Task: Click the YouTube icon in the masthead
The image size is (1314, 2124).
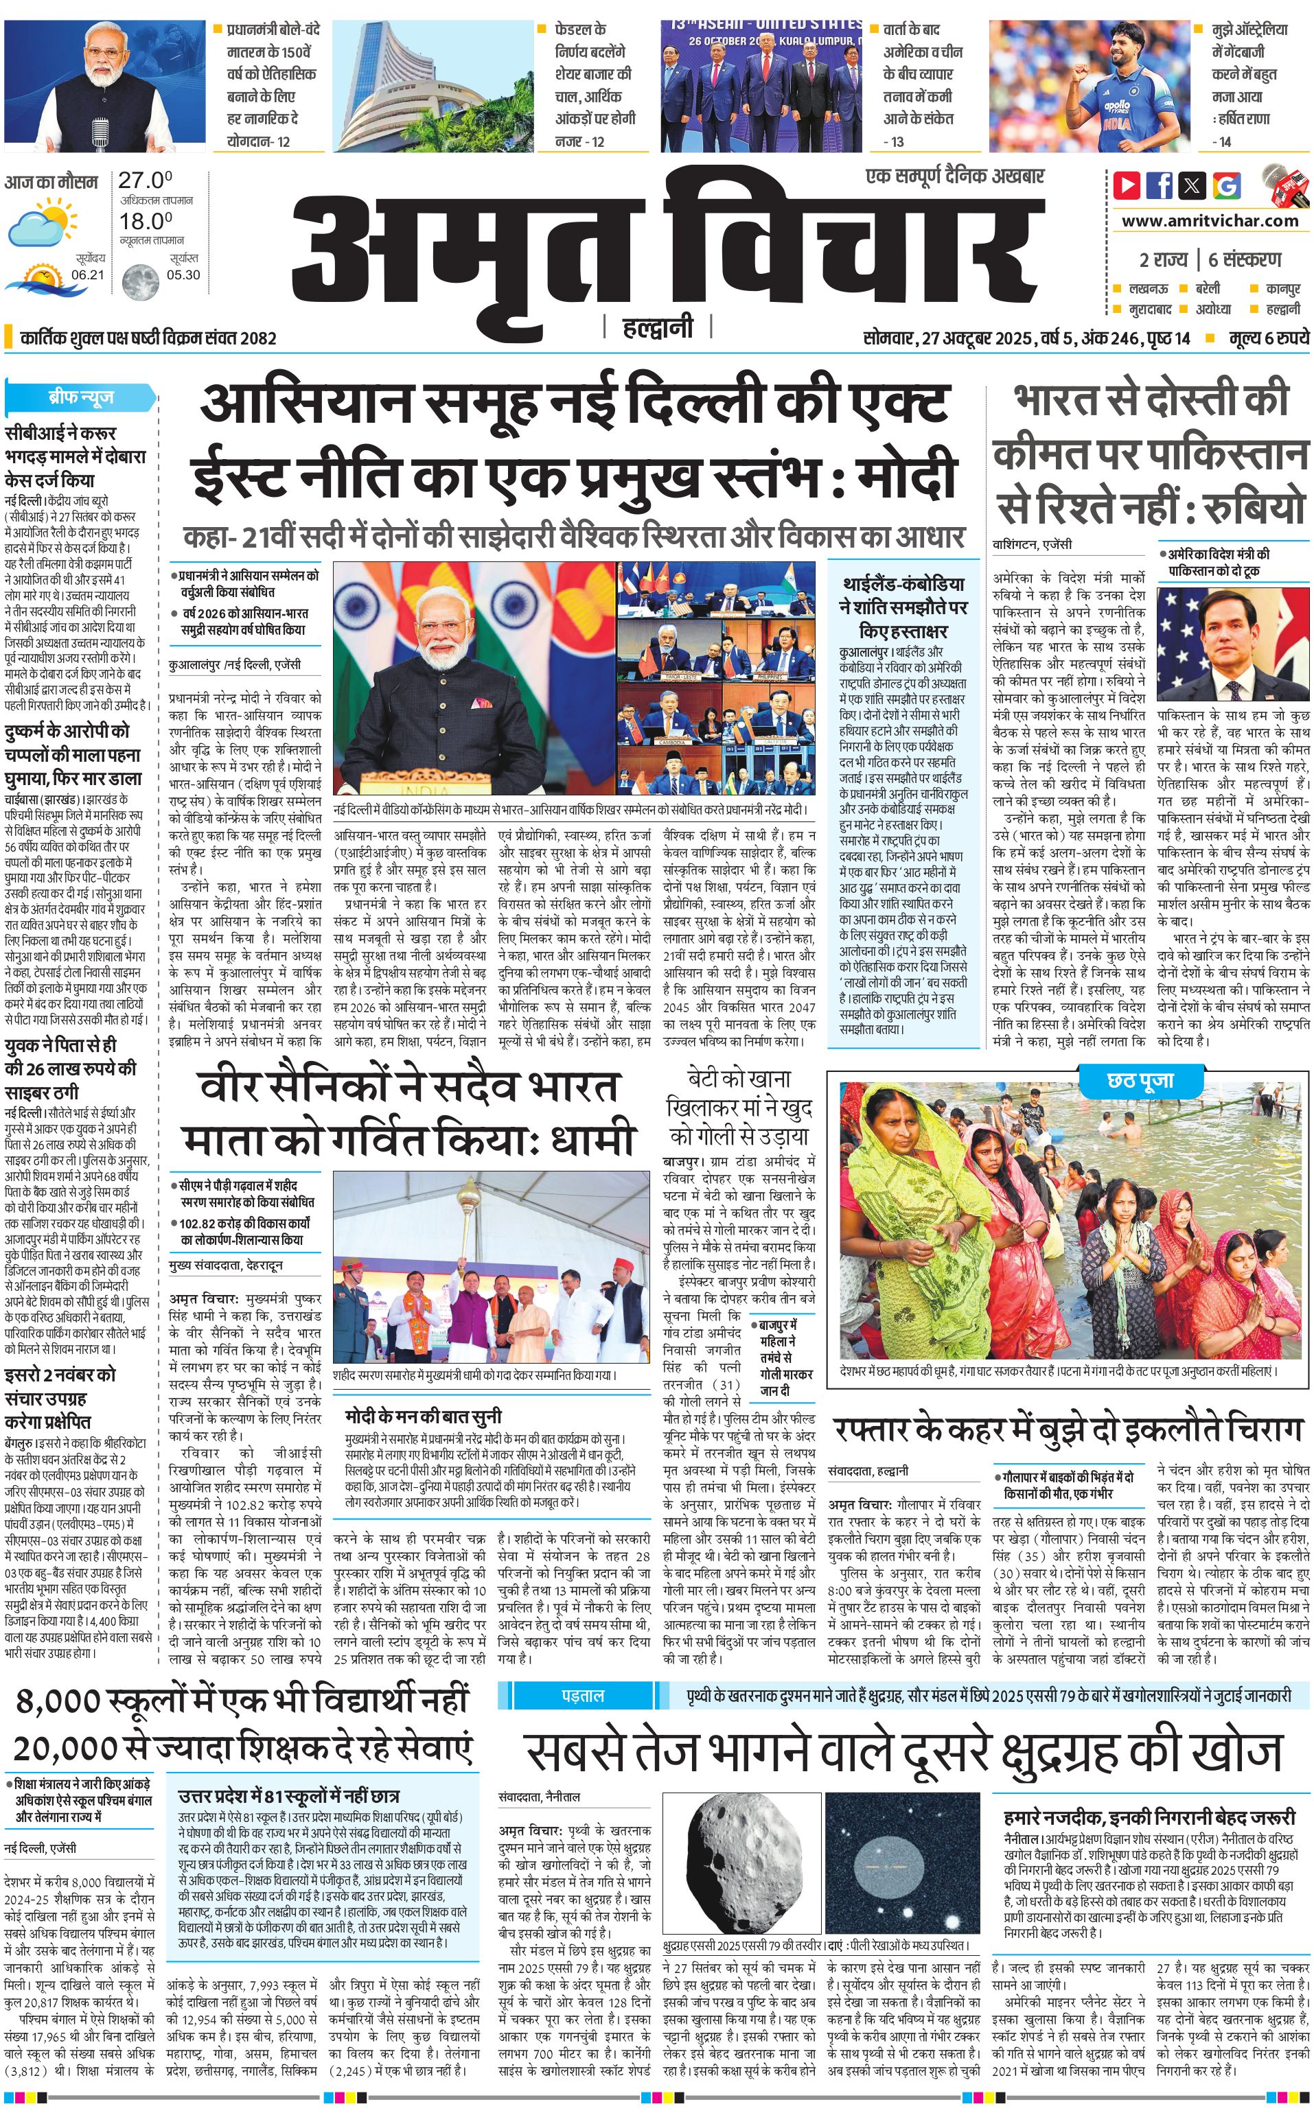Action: pyautogui.click(x=1127, y=185)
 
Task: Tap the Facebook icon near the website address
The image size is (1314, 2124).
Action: pyautogui.click(x=1160, y=185)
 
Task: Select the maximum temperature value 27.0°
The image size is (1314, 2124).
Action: pyautogui.click(x=145, y=180)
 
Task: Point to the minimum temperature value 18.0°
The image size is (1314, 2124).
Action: pyautogui.click(x=145, y=222)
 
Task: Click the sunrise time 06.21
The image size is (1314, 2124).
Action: pyautogui.click(x=88, y=275)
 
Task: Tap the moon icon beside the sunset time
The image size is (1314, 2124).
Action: pyautogui.click(x=139, y=281)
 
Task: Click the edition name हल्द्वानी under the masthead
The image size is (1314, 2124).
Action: pyautogui.click(x=658, y=327)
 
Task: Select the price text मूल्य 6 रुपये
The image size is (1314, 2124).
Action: pyautogui.click(x=1269, y=338)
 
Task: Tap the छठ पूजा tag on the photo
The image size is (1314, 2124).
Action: pyautogui.click(x=1140, y=1081)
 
